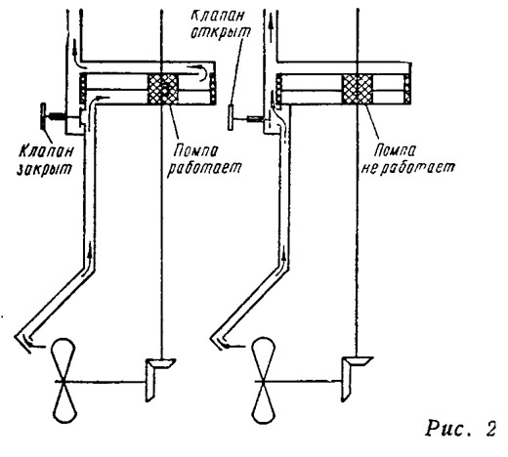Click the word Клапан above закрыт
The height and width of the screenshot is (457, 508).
[x=46, y=151]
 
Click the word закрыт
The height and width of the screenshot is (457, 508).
[x=44, y=169]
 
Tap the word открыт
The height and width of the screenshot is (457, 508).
[x=221, y=32]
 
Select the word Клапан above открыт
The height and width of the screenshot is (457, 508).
[x=217, y=15]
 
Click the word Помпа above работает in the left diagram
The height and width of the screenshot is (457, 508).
[x=195, y=151]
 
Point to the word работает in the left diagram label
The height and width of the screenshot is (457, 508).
[x=204, y=168]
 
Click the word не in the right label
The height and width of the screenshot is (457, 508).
[x=368, y=168]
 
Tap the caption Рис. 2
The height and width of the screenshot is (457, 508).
[x=460, y=429]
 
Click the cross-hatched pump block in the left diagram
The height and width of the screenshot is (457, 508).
[x=163, y=89]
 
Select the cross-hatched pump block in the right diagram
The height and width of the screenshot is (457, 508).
[x=358, y=89]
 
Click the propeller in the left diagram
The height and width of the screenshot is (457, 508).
[x=64, y=381]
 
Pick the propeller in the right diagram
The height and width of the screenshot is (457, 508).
[x=264, y=380]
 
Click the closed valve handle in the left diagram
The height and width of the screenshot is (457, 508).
[x=43, y=116]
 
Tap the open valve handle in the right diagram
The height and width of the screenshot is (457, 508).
[x=231, y=117]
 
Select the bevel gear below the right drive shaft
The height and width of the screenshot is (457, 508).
[x=355, y=378]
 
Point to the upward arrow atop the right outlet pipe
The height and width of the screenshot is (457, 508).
[x=271, y=23]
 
